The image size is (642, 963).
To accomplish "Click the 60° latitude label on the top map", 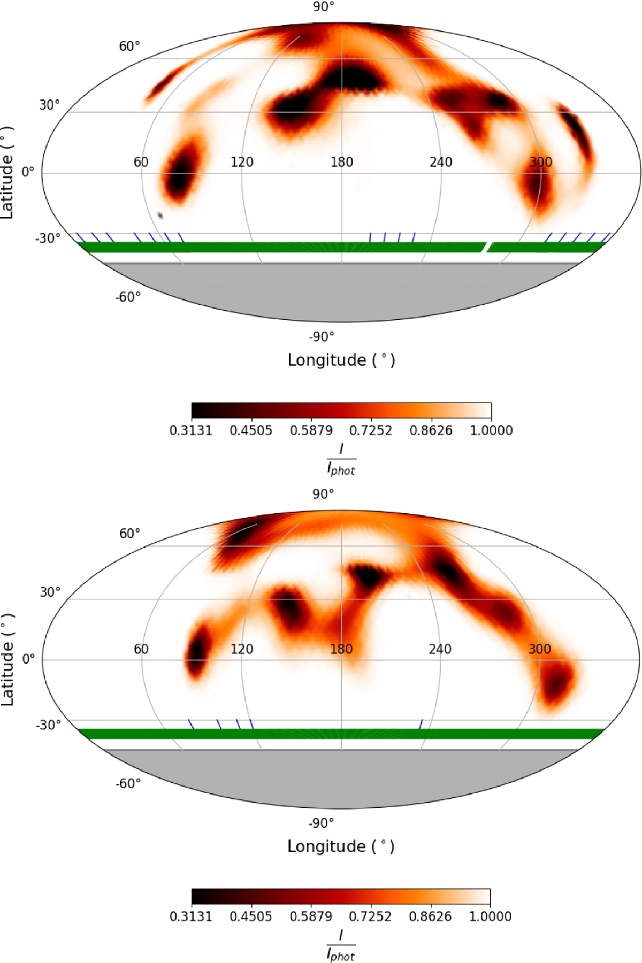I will click(x=129, y=47).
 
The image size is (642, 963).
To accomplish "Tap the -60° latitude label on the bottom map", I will click(x=128, y=783).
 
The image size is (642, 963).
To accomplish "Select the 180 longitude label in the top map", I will click(x=341, y=162).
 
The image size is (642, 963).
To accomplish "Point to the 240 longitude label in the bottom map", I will click(x=440, y=649).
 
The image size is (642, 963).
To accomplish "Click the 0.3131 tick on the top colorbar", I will click(x=191, y=430).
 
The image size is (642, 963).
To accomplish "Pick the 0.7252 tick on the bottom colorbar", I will click(x=370, y=916).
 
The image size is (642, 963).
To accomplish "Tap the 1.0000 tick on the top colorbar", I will click(x=491, y=430).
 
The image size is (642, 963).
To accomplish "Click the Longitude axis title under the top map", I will click(x=341, y=360).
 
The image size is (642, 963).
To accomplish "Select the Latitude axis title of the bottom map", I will click(x=7, y=659).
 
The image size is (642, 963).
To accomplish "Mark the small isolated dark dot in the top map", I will click(x=160, y=215).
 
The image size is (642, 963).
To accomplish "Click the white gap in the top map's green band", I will click(x=486, y=247).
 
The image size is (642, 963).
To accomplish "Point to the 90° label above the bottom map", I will click(x=323, y=494).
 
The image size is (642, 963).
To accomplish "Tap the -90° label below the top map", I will click(x=321, y=337).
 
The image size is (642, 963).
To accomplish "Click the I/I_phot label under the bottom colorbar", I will click(x=341, y=945).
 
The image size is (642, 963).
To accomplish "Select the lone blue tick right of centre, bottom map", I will click(x=421, y=724).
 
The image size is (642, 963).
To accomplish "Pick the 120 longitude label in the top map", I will click(x=242, y=162).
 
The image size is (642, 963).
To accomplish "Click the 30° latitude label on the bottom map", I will click(x=50, y=592).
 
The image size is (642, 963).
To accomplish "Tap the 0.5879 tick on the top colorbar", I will click(x=311, y=430).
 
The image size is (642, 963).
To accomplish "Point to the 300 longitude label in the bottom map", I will click(x=539, y=649).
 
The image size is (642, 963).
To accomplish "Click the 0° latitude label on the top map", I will click(x=28, y=172).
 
